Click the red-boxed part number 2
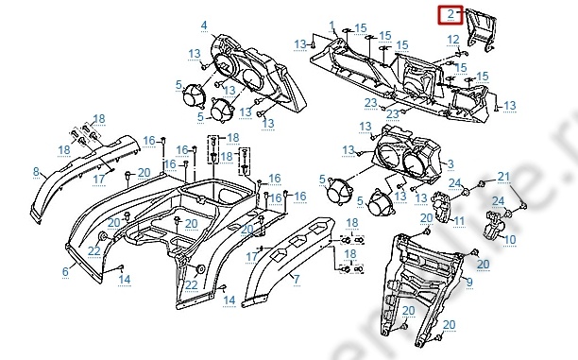(x=450, y=14)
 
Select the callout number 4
(x=204, y=26)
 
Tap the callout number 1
(x=331, y=26)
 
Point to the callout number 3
(x=450, y=163)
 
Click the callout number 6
(x=65, y=272)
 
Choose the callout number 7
(x=297, y=280)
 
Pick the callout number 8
(x=36, y=172)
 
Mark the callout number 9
(x=469, y=283)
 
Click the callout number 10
(x=510, y=240)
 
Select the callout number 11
(x=459, y=221)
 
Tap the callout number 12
(x=453, y=40)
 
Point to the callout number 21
(x=503, y=177)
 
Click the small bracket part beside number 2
(x=481, y=30)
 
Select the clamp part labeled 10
(x=493, y=224)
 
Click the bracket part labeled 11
(x=442, y=207)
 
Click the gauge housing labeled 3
(x=405, y=155)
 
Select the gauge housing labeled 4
(x=258, y=74)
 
